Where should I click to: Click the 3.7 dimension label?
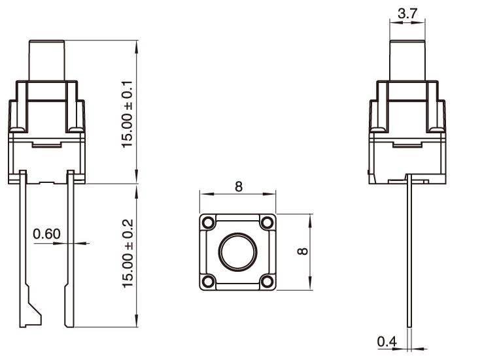tap(406, 12)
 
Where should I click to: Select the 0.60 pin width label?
tap(46, 234)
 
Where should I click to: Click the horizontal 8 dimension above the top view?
tap(238, 187)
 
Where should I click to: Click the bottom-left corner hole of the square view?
tap(208, 282)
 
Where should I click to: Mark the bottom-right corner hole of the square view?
tap(266, 282)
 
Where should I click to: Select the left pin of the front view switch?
tap(24, 248)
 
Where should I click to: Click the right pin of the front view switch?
tap(70, 248)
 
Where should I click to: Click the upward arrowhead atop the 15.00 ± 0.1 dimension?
tap(137, 46)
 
